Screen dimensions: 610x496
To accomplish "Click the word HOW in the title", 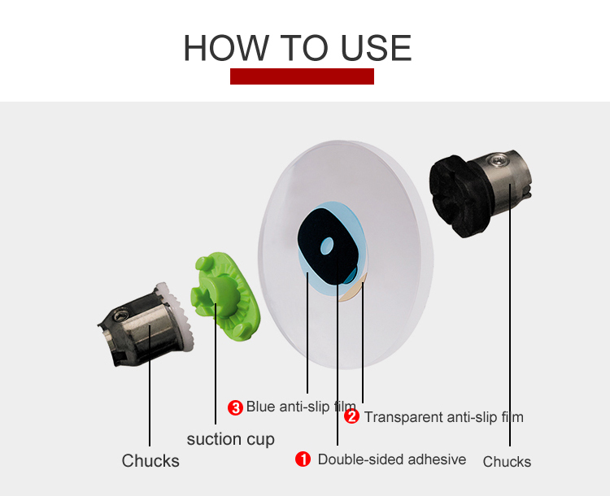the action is click(226, 48).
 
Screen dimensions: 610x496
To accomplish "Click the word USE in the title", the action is click(376, 48).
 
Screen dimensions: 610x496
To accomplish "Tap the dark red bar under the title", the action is click(302, 76).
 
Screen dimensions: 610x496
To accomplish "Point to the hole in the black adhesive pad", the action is click(327, 246).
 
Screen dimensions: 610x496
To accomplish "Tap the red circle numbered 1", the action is click(303, 459).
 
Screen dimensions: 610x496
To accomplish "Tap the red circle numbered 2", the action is click(351, 416).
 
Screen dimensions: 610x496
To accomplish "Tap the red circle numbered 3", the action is click(235, 407).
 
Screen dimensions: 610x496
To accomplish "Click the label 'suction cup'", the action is click(231, 440).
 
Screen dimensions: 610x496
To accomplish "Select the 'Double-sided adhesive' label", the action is click(392, 459).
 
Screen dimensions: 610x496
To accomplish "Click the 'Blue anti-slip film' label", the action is click(301, 407).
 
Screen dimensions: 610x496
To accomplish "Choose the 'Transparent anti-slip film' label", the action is click(443, 417).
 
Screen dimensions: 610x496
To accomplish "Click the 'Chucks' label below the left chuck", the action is click(150, 460).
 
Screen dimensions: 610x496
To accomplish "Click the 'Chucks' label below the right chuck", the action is click(507, 462).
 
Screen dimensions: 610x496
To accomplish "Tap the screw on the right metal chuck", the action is click(499, 159).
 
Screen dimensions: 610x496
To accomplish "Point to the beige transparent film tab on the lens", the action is click(352, 289).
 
